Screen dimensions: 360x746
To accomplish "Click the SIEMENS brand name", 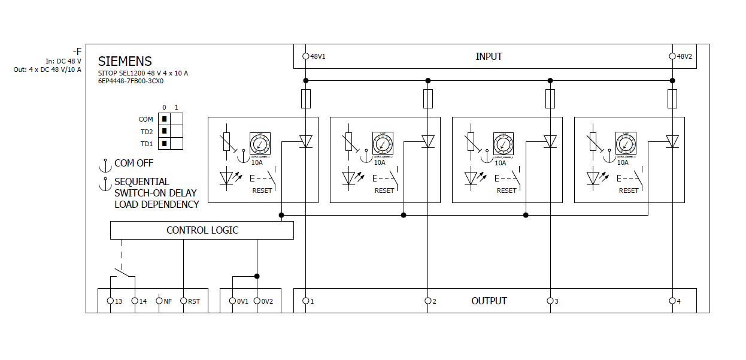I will [125, 61].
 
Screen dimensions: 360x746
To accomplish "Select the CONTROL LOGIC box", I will [202, 230].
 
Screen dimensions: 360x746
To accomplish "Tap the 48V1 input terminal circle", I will [305, 56].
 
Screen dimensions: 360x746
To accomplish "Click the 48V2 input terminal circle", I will [672, 56].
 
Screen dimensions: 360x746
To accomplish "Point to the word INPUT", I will [489, 56].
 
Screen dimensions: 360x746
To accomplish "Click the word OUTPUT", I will [489, 301].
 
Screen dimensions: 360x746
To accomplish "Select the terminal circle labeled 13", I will [110, 301].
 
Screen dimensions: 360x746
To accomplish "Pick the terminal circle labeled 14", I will [135, 301].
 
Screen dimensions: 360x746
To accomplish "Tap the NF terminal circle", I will [159, 301].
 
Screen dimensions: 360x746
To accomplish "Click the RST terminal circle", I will [183, 301].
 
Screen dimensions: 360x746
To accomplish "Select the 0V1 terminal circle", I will [232, 301].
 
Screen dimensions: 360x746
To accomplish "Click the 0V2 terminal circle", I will [257, 301].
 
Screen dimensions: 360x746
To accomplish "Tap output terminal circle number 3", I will [550, 301].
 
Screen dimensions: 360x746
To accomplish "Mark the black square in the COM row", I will [164, 119].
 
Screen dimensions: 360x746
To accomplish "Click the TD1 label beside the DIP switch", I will [147, 144].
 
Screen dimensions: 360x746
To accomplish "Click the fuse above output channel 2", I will [427, 98].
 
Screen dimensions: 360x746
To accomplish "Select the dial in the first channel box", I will [260, 144].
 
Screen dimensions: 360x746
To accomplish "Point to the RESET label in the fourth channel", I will [629, 190].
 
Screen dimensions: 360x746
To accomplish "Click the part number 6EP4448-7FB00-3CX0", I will [131, 81].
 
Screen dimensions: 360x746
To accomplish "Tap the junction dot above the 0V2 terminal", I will [257, 276].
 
